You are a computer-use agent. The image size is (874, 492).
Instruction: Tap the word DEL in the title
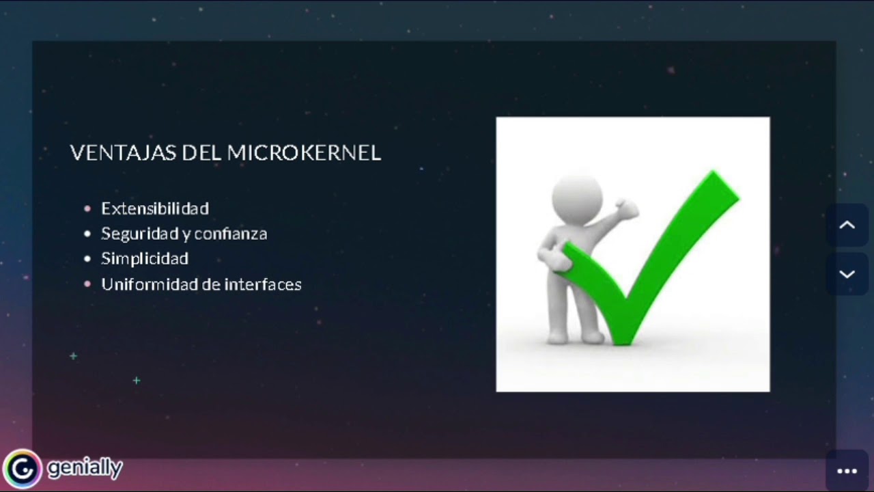point(201,153)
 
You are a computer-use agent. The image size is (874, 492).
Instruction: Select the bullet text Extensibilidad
point(155,208)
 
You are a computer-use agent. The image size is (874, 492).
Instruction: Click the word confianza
point(231,234)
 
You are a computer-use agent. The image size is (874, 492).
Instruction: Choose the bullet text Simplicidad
point(145,259)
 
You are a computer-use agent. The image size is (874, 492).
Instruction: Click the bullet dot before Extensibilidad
point(87,208)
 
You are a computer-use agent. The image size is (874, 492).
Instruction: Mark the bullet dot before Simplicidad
point(87,259)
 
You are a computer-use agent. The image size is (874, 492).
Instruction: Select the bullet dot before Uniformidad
point(87,284)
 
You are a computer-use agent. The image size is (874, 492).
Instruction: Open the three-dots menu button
point(847,471)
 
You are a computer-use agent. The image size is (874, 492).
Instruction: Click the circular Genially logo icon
point(23,469)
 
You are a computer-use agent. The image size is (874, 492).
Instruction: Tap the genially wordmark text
point(85,468)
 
